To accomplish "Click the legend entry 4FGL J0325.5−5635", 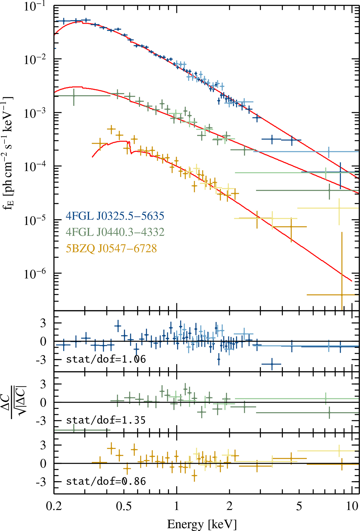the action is click(x=115, y=216).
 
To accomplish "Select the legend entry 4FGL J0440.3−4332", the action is click(x=115, y=232).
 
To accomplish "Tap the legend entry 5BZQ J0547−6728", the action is click(x=111, y=248).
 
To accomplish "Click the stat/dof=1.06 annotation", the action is click(x=106, y=359).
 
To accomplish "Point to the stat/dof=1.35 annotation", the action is click(x=106, y=420).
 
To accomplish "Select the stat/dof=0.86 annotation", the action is click(x=106, y=481).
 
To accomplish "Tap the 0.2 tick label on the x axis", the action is click(x=54, y=506).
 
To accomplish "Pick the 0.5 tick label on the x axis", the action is click(x=124, y=506).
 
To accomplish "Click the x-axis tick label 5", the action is click(x=299, y=506).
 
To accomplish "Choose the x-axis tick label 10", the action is click(x=352, y=506).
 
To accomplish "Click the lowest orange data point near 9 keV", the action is click(x=342, y=295).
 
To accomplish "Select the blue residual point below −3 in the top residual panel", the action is click(x=272, y=364).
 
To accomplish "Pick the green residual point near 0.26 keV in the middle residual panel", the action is click(x=74, y=430).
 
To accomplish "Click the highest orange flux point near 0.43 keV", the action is click(x=111, y=130).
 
